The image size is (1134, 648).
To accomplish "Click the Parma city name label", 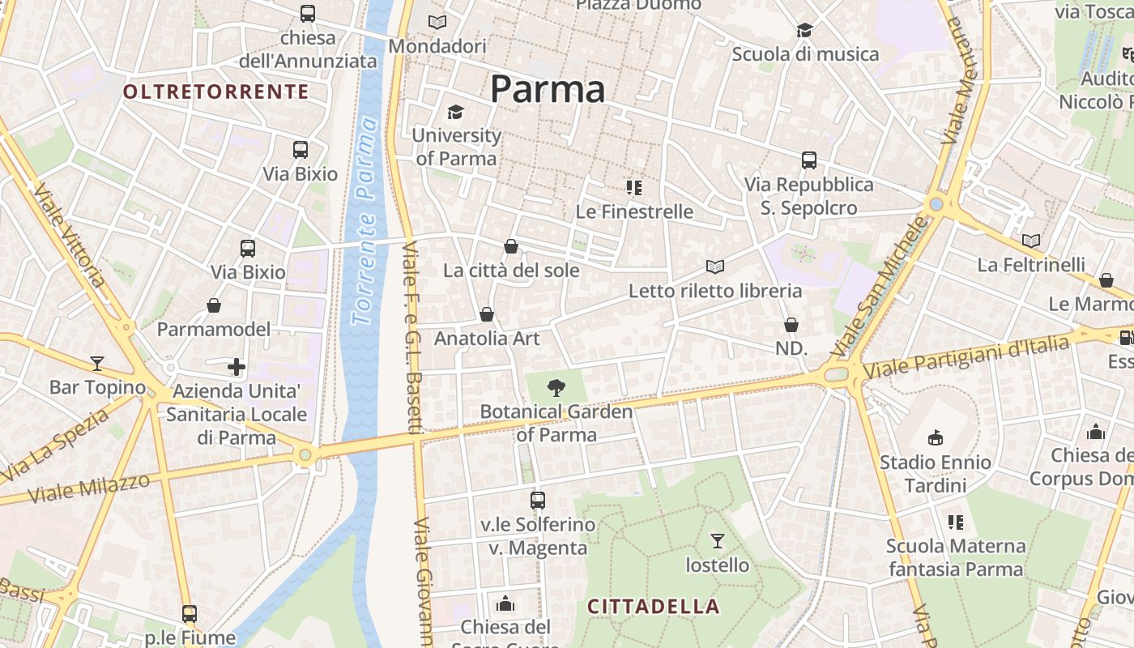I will point(548,89).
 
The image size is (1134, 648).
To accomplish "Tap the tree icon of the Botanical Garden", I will point(556,388).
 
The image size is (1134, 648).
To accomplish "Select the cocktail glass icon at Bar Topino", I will point(97,363).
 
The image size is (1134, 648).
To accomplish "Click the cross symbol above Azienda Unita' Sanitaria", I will point(237,368).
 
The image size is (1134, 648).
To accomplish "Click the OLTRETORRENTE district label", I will point(215,92).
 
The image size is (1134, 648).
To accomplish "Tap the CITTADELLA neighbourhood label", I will point(653,606).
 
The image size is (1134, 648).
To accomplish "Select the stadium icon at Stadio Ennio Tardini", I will point(936,438).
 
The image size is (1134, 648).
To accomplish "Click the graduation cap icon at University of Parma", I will point(456,112).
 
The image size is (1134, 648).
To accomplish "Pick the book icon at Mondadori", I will point(437,23).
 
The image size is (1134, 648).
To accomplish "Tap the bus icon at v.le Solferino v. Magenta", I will point(538,501).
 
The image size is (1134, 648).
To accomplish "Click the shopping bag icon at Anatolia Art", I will point(487,314).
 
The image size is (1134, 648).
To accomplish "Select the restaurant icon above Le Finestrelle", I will point(634,188).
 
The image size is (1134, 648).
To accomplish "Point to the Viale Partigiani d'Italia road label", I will point(966,358).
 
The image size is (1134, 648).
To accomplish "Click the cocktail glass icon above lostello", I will point(717,540).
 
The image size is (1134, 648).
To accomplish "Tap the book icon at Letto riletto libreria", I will point(714,266).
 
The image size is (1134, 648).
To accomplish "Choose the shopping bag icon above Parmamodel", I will point(214,305).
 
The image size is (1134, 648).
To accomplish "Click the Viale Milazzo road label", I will point(89,488).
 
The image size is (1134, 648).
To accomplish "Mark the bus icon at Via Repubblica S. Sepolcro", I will point(808,160).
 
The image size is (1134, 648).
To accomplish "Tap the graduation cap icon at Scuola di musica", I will point(804,31).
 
